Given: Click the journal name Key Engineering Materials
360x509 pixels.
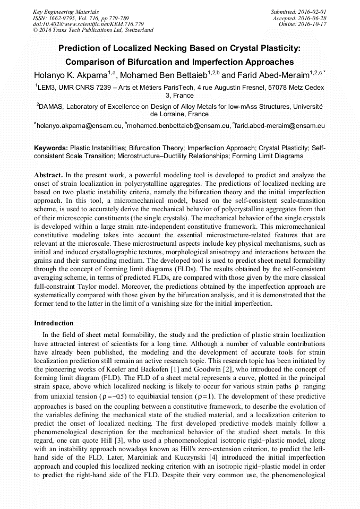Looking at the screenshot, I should pyautogui.click(x=66, y=12).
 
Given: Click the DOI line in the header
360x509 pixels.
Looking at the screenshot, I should pyautogui.click(x=88, y=24).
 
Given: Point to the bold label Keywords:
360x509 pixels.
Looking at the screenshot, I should pyautogui.click(x=51, y=148).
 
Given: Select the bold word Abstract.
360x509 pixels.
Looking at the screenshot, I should pyautogui.click(x=48, y=175).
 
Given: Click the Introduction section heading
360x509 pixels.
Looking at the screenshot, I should pyautogui.click(x=54, y=323).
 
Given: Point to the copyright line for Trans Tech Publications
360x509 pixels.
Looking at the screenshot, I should pyautogui.click(x=93, y=31).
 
